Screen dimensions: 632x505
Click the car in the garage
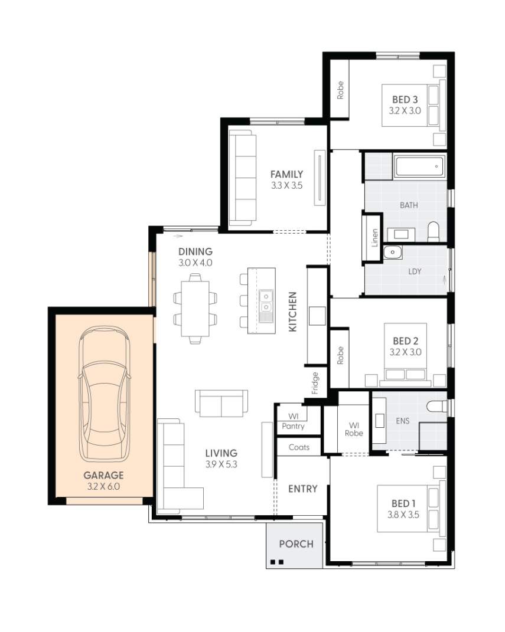tap(104, 394)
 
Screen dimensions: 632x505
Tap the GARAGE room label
tap(103, 475)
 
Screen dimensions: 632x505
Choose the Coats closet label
tap(299, 447)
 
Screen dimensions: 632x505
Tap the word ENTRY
tap(302, 489)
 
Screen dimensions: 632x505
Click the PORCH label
tap(296, 543)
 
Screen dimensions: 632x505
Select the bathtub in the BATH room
tap(419, 167)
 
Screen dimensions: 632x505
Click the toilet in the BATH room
tap(434, 232)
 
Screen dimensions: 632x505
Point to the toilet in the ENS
tap(436, 406)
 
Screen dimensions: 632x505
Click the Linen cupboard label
tap(374, 238)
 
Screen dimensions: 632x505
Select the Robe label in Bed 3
tap(340, 90)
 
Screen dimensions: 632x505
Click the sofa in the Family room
tap(243, 177)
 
